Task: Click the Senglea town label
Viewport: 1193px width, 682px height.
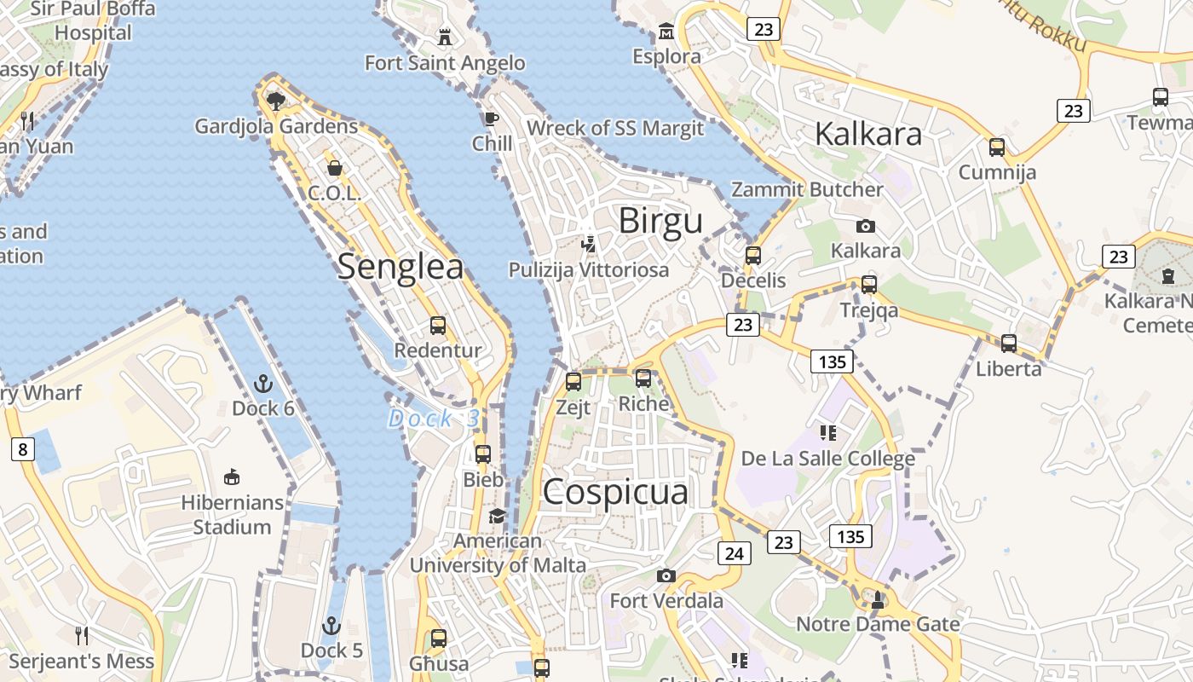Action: pos(401,267)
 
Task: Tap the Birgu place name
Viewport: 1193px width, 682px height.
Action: pos(660,221)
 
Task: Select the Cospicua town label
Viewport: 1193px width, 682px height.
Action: pos(615,493)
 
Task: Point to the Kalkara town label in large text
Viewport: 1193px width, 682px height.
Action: pos(868,134)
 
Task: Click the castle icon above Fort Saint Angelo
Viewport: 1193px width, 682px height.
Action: pos(444,37)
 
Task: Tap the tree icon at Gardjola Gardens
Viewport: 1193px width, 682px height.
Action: pos(275,101)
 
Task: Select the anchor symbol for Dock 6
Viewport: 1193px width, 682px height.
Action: pos(262,384)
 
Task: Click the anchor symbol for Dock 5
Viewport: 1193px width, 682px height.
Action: pos(331,627)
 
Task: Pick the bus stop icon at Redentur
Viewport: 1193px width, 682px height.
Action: pos(438,325)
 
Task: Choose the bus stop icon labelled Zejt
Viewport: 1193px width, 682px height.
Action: pos(573,381)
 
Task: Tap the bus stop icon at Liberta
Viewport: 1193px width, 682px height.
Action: pos(1009,344)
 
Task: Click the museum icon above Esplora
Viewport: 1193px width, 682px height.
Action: pos(666,32)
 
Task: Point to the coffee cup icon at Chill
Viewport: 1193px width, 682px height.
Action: pos(491,118)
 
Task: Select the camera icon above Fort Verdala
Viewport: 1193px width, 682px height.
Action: pos(666,576)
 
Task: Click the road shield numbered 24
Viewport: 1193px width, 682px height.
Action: pos(734,553)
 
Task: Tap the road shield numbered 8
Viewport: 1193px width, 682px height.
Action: pos(22,449)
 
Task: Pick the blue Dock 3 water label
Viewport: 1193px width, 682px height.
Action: pos(434,419)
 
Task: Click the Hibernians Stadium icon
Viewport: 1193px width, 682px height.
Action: pos(231,477)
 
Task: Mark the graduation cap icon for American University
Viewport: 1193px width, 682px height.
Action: pos(497,516)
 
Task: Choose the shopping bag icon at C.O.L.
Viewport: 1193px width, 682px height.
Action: pos(334,168)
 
